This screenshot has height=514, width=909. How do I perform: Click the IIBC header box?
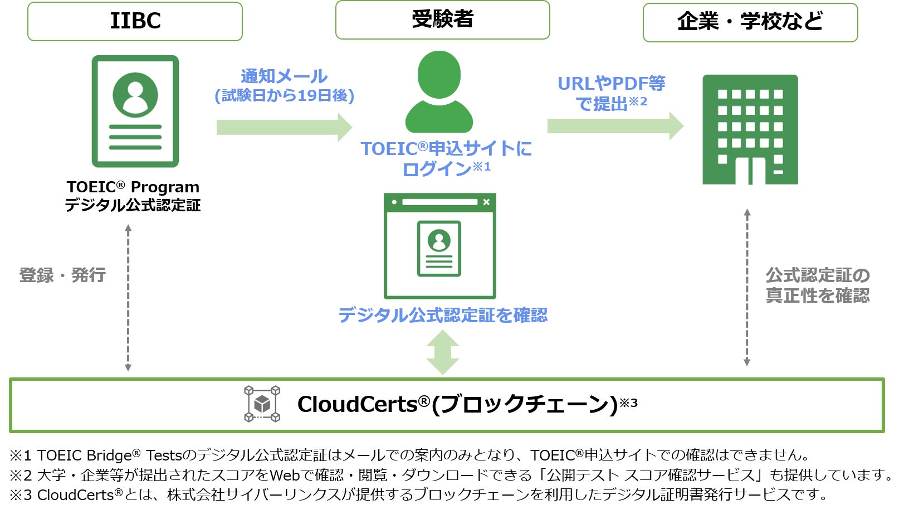tap(135, 22)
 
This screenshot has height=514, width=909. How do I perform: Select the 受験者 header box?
tap(442, 20)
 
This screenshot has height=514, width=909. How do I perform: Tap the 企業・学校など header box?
tap(750, 22)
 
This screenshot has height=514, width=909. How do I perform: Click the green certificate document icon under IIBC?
tap(135, 111)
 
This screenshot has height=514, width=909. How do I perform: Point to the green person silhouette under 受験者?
tap(439, 92)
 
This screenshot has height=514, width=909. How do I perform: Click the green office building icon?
tap(750, 130)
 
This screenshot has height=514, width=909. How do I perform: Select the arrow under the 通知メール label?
tap(284, 127)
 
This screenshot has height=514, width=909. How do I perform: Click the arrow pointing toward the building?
tap(615, 126)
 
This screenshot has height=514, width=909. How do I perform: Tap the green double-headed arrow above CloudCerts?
tap(442, 352)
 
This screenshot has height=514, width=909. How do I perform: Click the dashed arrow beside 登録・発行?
tap(128, 298)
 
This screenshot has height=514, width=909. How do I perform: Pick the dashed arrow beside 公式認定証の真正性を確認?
tap(747, 287)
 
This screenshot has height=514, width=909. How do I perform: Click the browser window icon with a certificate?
tap(439, 246)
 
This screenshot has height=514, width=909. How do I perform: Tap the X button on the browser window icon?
tap(486, 202)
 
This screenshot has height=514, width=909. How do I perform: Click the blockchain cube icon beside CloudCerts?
tap(262, 404)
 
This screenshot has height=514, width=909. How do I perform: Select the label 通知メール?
tap(284, 76)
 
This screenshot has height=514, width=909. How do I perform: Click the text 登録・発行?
tap(62, 275)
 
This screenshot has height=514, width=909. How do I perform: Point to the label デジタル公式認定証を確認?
tap(443, 315)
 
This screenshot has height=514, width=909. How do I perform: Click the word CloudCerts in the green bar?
tap(357, 404)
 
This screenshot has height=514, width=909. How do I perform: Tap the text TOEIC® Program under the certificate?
tap(133, 187)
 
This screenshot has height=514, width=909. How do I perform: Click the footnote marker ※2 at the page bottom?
tap(20, 475)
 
